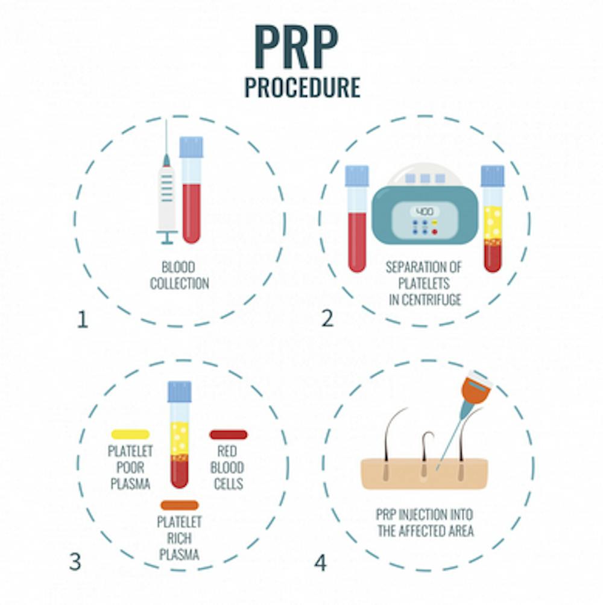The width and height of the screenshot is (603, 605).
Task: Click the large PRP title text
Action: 296,47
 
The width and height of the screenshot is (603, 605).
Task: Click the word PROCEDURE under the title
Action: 303,87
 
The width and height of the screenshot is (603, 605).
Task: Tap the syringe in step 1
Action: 166,189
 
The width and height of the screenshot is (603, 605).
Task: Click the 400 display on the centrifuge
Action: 425,212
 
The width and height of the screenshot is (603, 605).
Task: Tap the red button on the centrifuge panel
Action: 435,232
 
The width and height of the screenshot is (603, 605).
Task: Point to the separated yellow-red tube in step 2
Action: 493,219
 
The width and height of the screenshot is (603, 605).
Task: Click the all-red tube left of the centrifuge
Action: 357,219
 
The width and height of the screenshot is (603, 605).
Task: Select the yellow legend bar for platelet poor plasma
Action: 130,434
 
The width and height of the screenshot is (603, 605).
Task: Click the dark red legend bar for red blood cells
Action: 229,434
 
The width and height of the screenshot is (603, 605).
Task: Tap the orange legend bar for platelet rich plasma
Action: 180,505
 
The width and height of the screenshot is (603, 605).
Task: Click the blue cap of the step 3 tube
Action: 180,392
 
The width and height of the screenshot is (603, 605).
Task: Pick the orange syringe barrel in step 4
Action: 476,389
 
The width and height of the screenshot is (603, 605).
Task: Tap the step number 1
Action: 83,320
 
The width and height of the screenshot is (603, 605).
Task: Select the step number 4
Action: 320,563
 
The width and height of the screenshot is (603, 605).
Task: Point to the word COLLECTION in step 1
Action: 180,283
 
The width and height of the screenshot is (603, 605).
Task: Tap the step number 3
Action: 75,562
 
